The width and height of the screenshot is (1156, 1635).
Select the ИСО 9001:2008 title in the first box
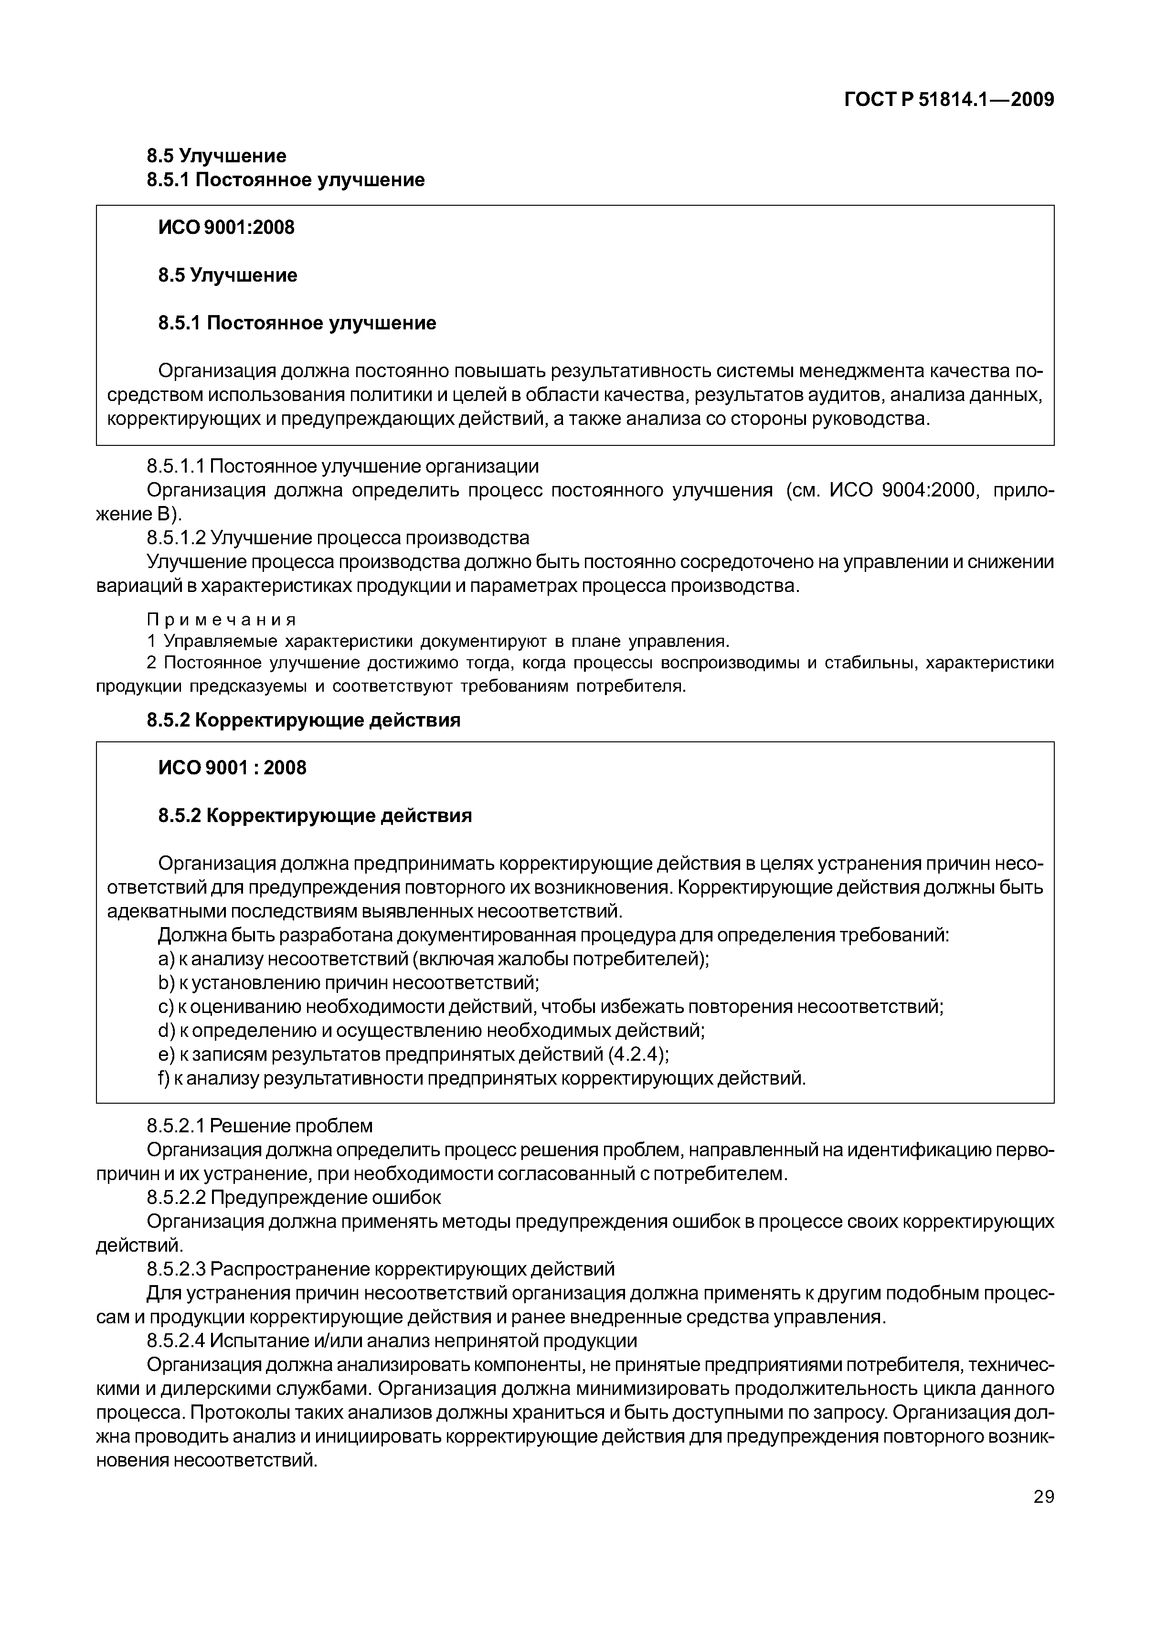[x=226, y=227]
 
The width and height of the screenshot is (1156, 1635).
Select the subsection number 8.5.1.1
[x=175, y=466]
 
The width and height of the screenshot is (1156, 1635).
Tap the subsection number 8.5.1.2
[x=176, y=537]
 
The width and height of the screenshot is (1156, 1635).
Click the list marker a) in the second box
[x=165, y=959]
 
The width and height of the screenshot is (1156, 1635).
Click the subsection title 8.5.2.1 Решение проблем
[x=259, y=1126]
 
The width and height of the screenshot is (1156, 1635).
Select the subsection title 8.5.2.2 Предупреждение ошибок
[x=294, y=1198]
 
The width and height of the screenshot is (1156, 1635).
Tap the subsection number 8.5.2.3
[x=176, y=1269]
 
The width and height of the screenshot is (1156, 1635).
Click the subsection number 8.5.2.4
[x=176, y=1341]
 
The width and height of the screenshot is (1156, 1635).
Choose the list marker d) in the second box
[x=165, y=1031]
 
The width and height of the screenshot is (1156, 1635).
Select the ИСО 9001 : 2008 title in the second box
[x=232, y=768]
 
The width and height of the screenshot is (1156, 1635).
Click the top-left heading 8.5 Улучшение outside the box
[x=216, y=155]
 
